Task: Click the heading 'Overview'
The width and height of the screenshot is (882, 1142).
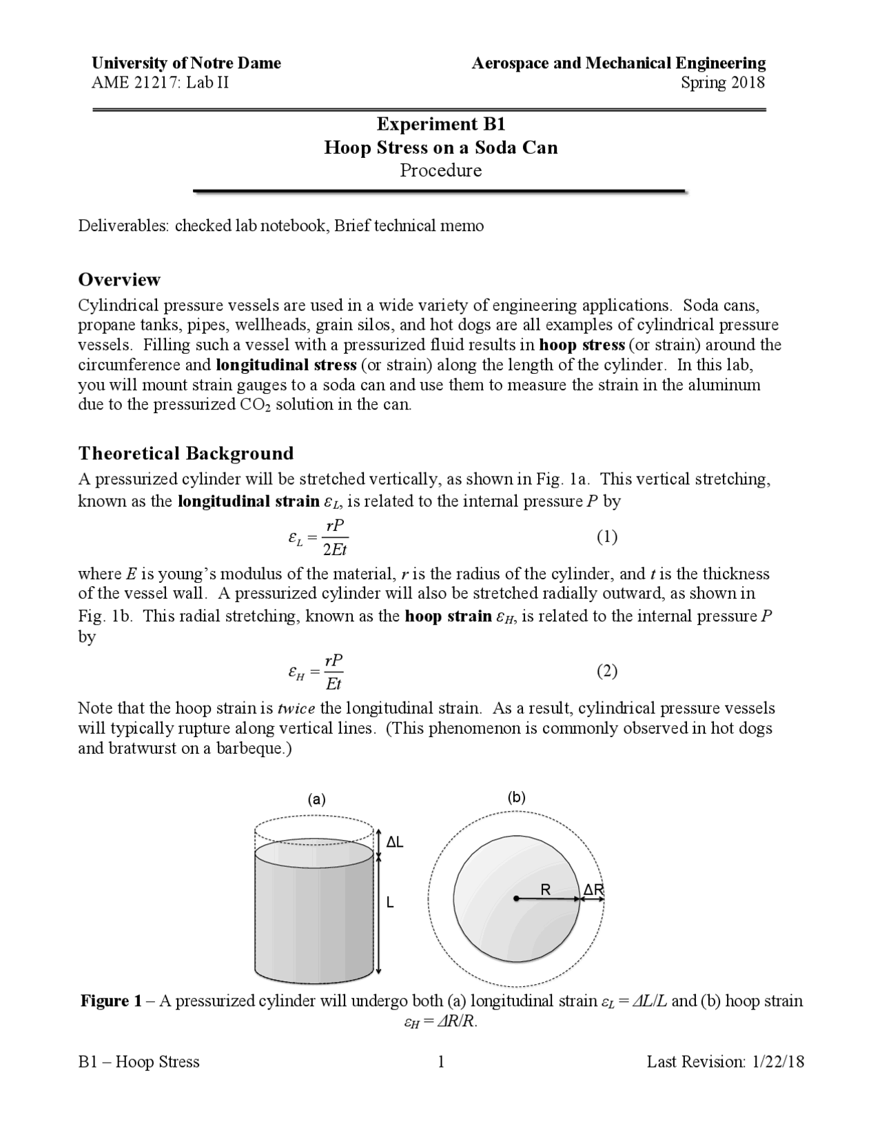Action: tap(119, 279)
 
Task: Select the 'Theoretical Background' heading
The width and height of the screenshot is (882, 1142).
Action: tap(185, 453)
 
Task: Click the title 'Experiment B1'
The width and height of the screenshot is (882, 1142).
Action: tap(441, 124)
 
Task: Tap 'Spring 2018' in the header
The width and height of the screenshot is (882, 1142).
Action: tap(723, 83)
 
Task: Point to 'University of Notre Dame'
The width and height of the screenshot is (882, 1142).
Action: tap(186, 63)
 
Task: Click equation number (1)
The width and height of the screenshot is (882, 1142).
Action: tap(606, 537)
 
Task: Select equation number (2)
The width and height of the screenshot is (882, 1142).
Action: tap(606, 670)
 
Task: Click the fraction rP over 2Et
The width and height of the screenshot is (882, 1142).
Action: tap(335, 538)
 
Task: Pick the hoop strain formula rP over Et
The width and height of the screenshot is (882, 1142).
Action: tap(334, 672)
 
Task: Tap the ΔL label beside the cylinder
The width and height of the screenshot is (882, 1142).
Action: tap(395, 842)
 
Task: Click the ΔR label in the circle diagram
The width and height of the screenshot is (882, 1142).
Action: tap(593, 890)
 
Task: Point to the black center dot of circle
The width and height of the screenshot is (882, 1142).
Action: tap(515, 899)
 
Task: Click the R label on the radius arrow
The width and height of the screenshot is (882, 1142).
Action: tap(545, 890)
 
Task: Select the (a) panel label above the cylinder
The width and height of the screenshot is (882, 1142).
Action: tap(316, 799)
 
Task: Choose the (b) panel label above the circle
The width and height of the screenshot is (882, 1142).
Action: tap(516, 797)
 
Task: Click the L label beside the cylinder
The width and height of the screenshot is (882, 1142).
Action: tap(390, 902)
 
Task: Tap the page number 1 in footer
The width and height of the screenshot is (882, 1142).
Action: tap(441, 1061)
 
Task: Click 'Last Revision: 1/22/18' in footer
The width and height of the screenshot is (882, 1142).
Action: tap(725, 1061)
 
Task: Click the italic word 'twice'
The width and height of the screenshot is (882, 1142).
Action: tap(296, 708)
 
